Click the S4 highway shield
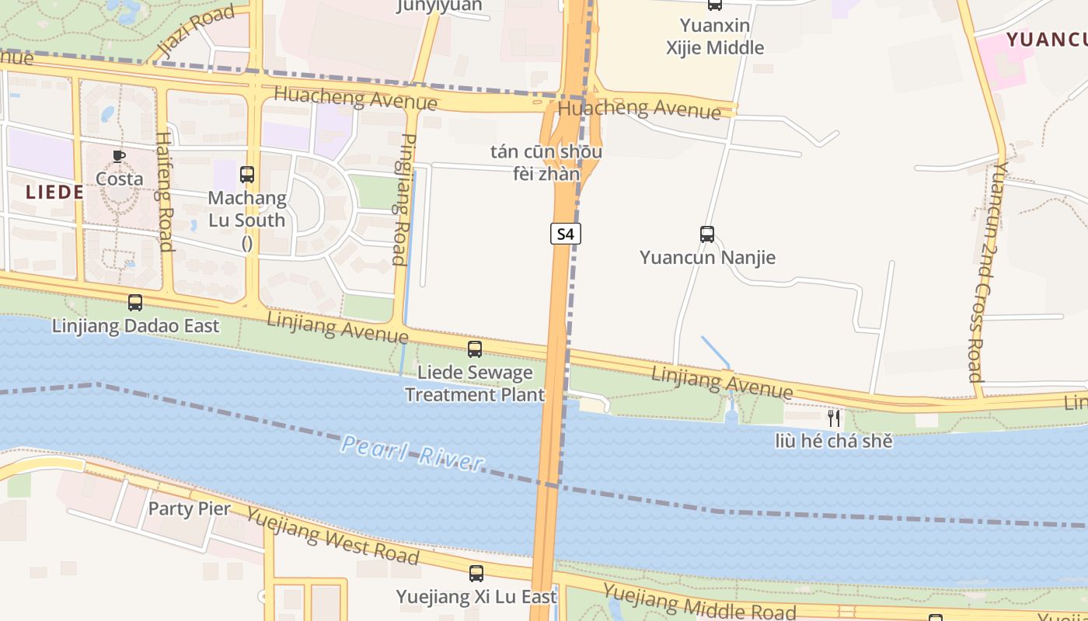[x=566, y=234]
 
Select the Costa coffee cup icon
[x=119, y=156]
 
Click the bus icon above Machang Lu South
[x=247, y=175]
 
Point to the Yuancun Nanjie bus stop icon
[x=707, y=234]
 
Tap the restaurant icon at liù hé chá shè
[x=834, y=419]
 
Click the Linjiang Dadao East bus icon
[x=135, y=303]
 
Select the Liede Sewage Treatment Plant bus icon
[x=475, y=349]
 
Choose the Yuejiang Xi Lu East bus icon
[x=476, y=574]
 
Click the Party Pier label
[x=189, y=508]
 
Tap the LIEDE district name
[x=54, y=193]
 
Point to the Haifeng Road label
[x=164, y=191]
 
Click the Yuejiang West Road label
[x=332, y=536]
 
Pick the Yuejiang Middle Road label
[x=699, y=602]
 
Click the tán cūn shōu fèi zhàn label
[x=546, y=162]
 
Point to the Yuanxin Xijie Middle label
[x=715, y=36]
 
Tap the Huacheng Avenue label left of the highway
[x=356, y=99]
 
